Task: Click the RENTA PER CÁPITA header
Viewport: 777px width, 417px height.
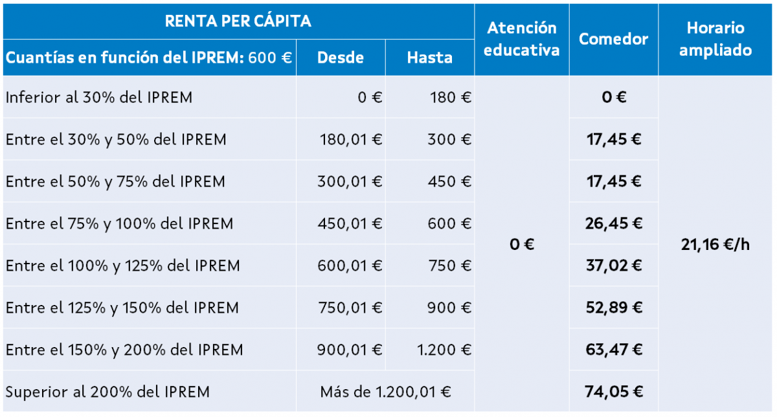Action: click(238, 21)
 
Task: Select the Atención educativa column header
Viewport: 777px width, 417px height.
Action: click(521, 39)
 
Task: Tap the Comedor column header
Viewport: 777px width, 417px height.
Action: click(613, 39)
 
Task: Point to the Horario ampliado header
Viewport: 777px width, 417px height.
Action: click(715, 39)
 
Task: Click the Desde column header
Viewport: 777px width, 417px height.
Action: click(341, 58)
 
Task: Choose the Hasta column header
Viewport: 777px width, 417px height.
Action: click(429, 58)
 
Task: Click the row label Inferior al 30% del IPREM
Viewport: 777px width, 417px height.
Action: click(99, 98)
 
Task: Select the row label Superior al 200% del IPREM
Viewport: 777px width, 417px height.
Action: click(107, 392)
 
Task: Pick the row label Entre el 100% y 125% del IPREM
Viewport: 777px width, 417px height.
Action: click(122, 265)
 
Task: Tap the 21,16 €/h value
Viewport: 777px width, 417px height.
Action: click(715, 245)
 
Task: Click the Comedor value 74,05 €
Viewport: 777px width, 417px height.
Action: click(613, 391)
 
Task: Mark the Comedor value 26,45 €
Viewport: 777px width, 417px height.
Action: click(613, 223)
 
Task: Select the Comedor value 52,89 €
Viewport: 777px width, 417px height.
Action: click(613, 308)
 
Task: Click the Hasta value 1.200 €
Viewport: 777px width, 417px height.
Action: click(444, 350)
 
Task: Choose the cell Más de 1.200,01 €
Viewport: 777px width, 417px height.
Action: click(385, 392)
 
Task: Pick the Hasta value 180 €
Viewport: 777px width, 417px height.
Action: click(451, 98)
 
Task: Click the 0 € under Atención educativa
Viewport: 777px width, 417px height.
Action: click(521, 245)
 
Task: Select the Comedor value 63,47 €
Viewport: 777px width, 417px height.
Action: click(613, 350)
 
